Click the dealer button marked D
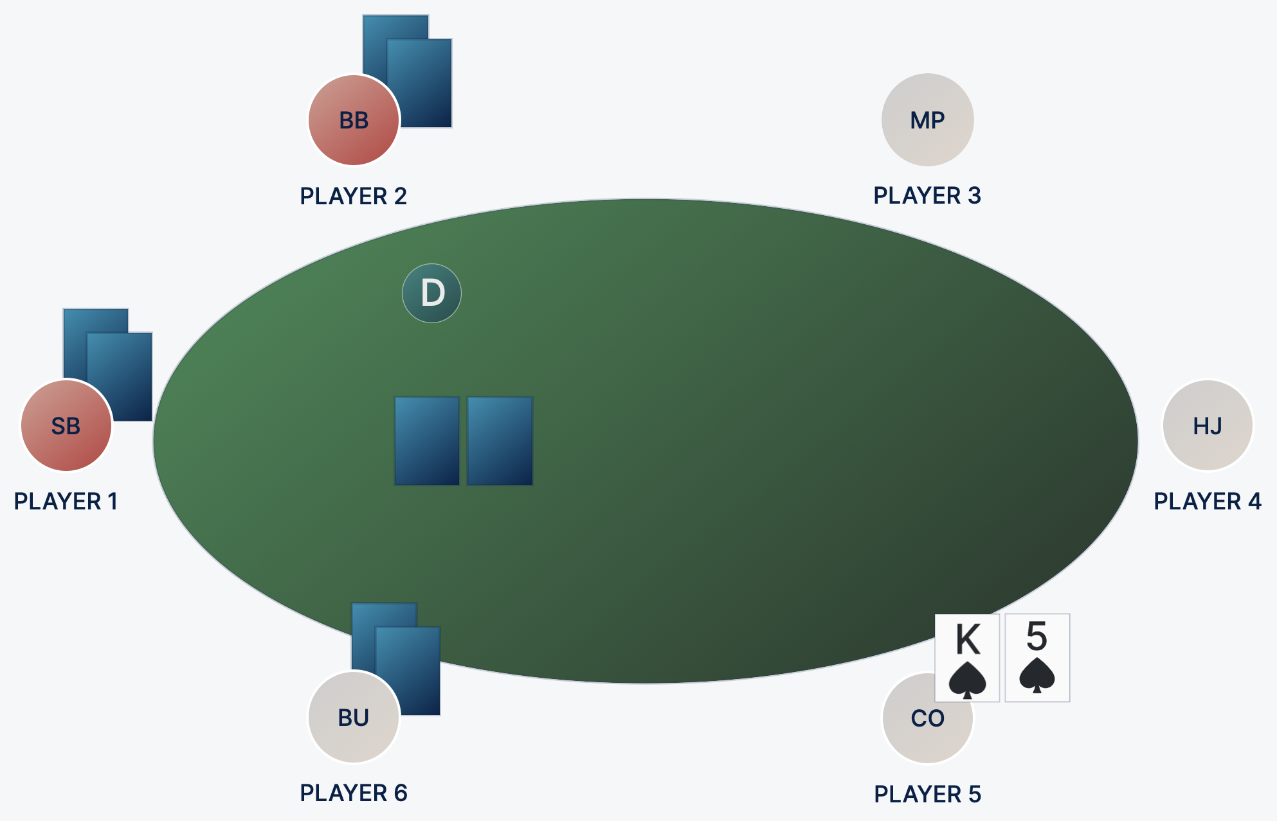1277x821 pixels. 431,293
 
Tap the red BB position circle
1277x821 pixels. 354,120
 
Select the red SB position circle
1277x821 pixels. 66,425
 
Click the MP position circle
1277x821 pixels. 927,120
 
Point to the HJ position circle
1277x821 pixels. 1207,425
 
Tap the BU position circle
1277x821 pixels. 352,718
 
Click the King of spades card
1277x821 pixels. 967,657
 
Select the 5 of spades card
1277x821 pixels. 1037,657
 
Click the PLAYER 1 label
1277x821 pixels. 66,501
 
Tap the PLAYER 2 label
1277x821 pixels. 354,196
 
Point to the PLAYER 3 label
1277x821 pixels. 927,195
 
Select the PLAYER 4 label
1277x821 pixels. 1207,501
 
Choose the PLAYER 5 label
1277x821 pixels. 927,794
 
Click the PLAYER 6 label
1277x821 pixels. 354,793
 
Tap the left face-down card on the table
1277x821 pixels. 427,441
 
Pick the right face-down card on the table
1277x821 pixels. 500,441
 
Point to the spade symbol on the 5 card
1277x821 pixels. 1037,675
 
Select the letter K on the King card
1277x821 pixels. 968,639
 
